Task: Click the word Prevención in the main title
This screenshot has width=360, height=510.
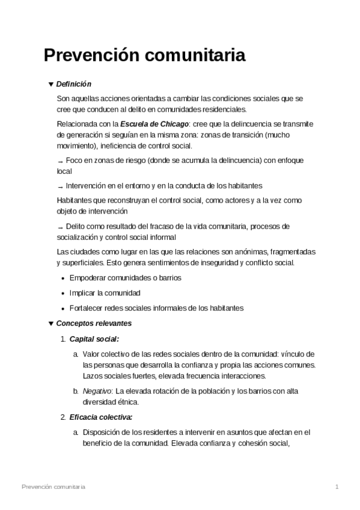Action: pyautogui.click(x=90, y=56)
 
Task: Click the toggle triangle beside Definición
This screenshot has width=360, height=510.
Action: pyautogui.click(x=50, y=84)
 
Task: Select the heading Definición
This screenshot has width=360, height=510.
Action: pyautogui.click(x=73, y=84)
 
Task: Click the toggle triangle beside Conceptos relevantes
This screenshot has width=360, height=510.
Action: pyautogui.click(x=50, y=324)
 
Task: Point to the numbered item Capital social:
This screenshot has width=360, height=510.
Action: pyautogui.click(x=94, y=339)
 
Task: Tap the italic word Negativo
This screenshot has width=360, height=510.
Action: pyautogui.click(x=97, y=391)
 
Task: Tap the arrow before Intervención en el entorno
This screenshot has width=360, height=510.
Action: pyautogui.click(x=59, y=186)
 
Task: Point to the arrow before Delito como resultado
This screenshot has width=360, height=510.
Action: pyautogui.click(x=59, y=227)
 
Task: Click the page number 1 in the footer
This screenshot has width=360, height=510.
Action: pyautogui.click(x=338, y=486)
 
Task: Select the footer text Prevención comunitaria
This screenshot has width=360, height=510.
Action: pyautogui.click(x=53, y=486)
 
